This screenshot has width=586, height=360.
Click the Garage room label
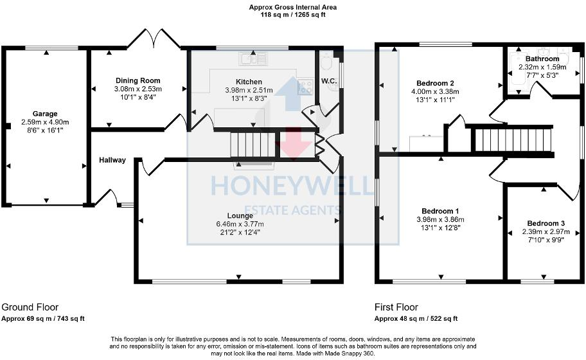coord(45,114)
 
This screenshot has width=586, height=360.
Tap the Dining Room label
coord(138,81)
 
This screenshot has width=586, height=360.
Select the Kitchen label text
coord(248,82)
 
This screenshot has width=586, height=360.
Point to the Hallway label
coord(112,160)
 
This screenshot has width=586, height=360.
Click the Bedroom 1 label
coord(440,212)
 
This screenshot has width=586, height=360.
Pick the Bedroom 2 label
coord(436,83)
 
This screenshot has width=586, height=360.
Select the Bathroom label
coord(542,59)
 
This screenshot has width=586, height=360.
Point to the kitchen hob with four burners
coord(305,87)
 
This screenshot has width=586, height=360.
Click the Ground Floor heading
coord(30,307)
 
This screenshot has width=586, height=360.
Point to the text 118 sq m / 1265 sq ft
coord(292,15)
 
